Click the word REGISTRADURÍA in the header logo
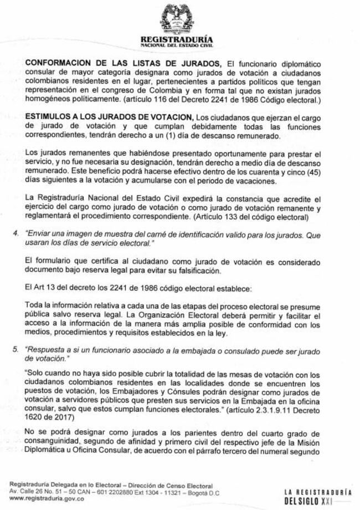point(178,40)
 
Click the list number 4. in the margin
point(16,234)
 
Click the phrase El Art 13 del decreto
point(61,288)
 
